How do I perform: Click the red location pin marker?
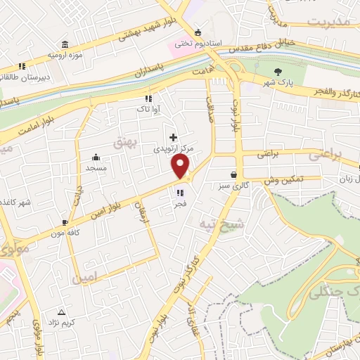pyautogui.click(x=181, y=167)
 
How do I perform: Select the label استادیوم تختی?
pyautogui.click(x=199, y=43)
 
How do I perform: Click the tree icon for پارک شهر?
pyautogui.click(x=278, y=72)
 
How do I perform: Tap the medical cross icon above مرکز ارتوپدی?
pyautogui.click(x=173, y=136)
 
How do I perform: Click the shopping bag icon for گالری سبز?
pyautogui.click(x=233, y=174)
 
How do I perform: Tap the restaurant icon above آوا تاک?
pyautogui.click(x=148, y=98)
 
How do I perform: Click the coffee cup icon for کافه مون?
pyautogui.click(x=65, y=221)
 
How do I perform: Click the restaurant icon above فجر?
pyautogui.click(x=180, y=192)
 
